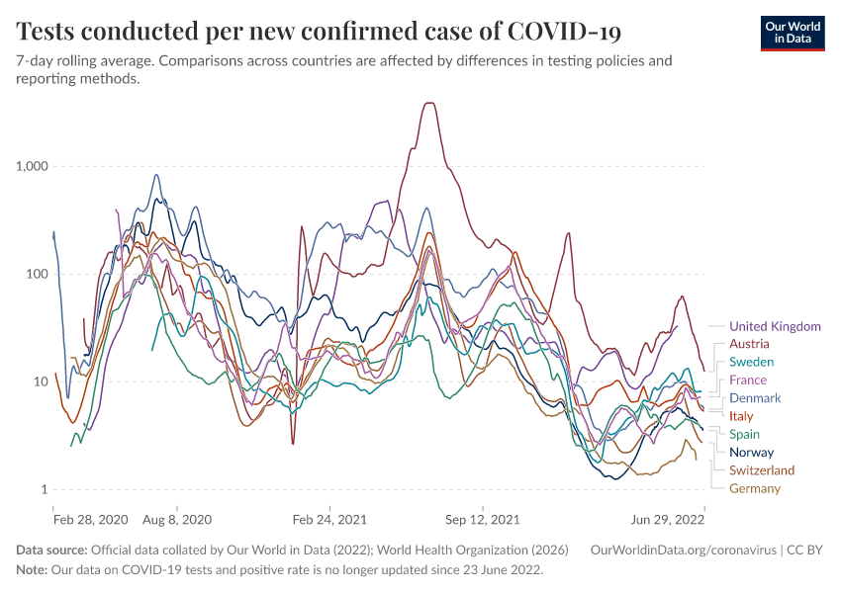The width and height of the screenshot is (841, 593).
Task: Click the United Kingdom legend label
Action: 775,326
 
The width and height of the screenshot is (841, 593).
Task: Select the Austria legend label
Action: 749,344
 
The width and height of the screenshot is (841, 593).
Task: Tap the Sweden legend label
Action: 752,362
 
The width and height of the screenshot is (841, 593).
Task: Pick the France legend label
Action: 748,381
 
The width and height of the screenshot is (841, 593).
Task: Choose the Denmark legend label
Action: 755,398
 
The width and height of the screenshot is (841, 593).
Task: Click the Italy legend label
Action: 741,416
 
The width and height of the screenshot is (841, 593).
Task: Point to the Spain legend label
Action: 745,434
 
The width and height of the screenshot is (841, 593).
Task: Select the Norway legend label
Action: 751,453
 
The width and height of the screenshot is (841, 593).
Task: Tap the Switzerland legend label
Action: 762,470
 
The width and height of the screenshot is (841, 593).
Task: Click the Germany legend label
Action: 755,488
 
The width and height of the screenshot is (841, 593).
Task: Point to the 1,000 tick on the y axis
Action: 33,166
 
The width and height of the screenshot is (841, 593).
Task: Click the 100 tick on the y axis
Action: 38,274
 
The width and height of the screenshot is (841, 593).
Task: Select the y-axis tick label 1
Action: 45,490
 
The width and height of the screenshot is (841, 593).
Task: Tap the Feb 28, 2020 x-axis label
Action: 90,518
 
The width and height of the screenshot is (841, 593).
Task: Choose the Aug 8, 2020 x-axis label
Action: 177,518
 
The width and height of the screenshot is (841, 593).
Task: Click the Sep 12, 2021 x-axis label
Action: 483,518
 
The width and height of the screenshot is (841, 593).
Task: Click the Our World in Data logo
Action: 793,32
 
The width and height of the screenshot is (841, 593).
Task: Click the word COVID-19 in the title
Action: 564,32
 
